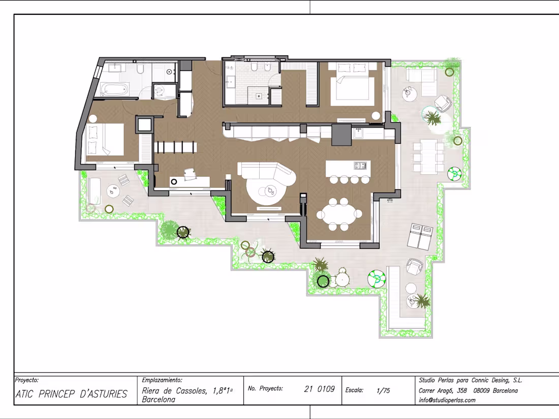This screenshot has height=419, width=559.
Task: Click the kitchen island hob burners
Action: [360, 165]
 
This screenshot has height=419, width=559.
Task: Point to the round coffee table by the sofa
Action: [268, 191]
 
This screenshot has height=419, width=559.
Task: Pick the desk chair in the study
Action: [191, 174]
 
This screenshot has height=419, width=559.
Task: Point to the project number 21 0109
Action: [319, 389]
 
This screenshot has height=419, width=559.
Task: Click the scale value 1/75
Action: [384, 391]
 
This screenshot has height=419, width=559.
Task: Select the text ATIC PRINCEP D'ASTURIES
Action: [71, 394]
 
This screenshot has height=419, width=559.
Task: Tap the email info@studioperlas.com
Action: [447, 400]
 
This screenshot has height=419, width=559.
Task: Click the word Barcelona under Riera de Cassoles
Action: [159, 400]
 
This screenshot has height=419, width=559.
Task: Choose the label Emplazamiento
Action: [162, 380]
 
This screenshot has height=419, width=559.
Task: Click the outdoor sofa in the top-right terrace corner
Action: [422, 75]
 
